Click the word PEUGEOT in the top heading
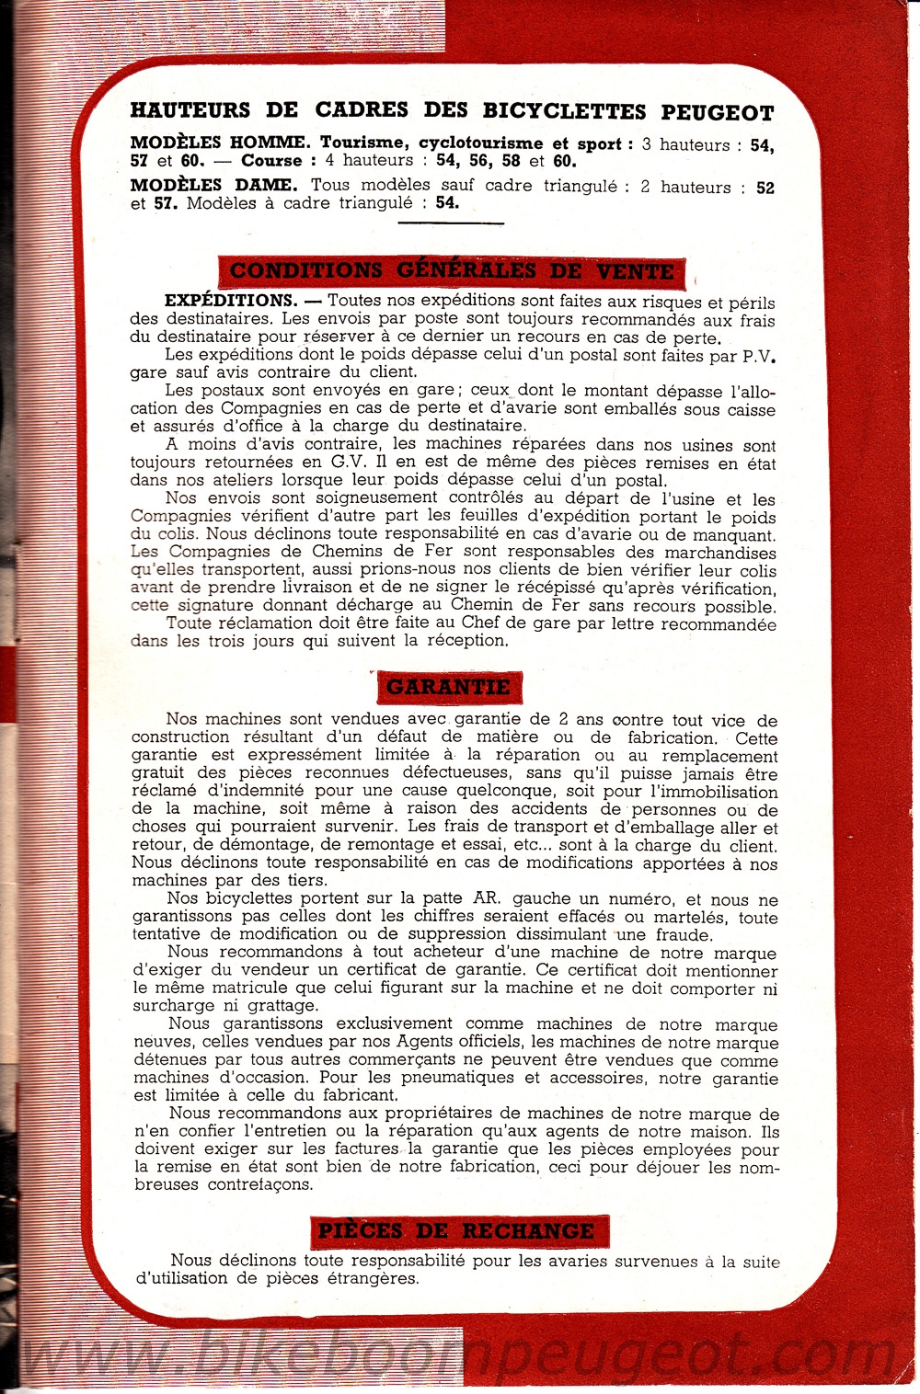click(x=718, y=113)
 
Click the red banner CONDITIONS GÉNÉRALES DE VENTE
click(x=452, y=271)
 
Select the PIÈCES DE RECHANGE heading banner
click(x=455, y=1231)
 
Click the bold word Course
click(x=271, y=161)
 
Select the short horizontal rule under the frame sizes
click(x=451, y=223)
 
